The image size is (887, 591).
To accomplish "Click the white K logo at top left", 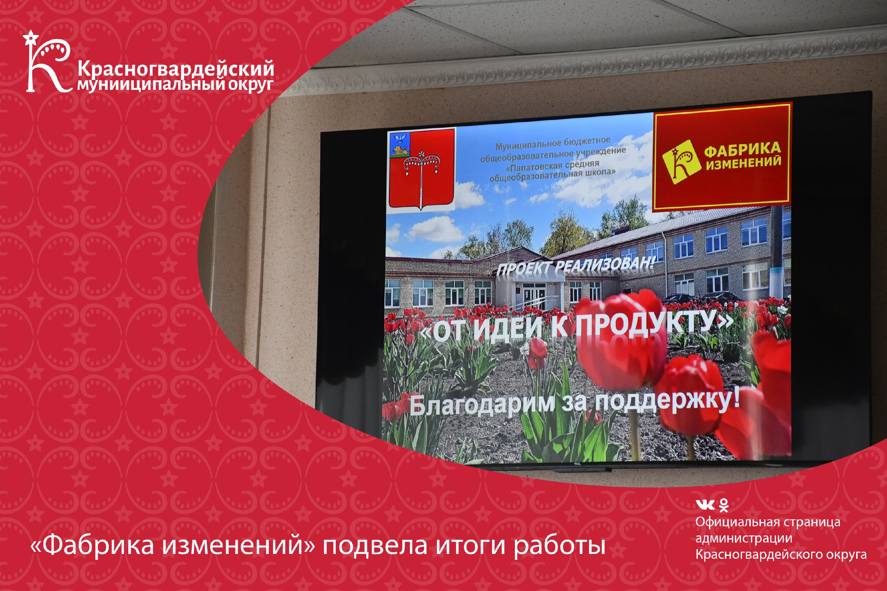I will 47,62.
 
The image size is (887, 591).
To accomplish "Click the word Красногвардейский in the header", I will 176,69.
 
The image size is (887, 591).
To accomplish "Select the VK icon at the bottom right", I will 705,505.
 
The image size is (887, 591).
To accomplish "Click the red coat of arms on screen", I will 422,170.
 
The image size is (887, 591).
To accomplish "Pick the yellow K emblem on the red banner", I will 681,162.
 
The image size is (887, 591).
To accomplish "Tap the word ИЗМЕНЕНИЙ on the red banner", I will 743,163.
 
